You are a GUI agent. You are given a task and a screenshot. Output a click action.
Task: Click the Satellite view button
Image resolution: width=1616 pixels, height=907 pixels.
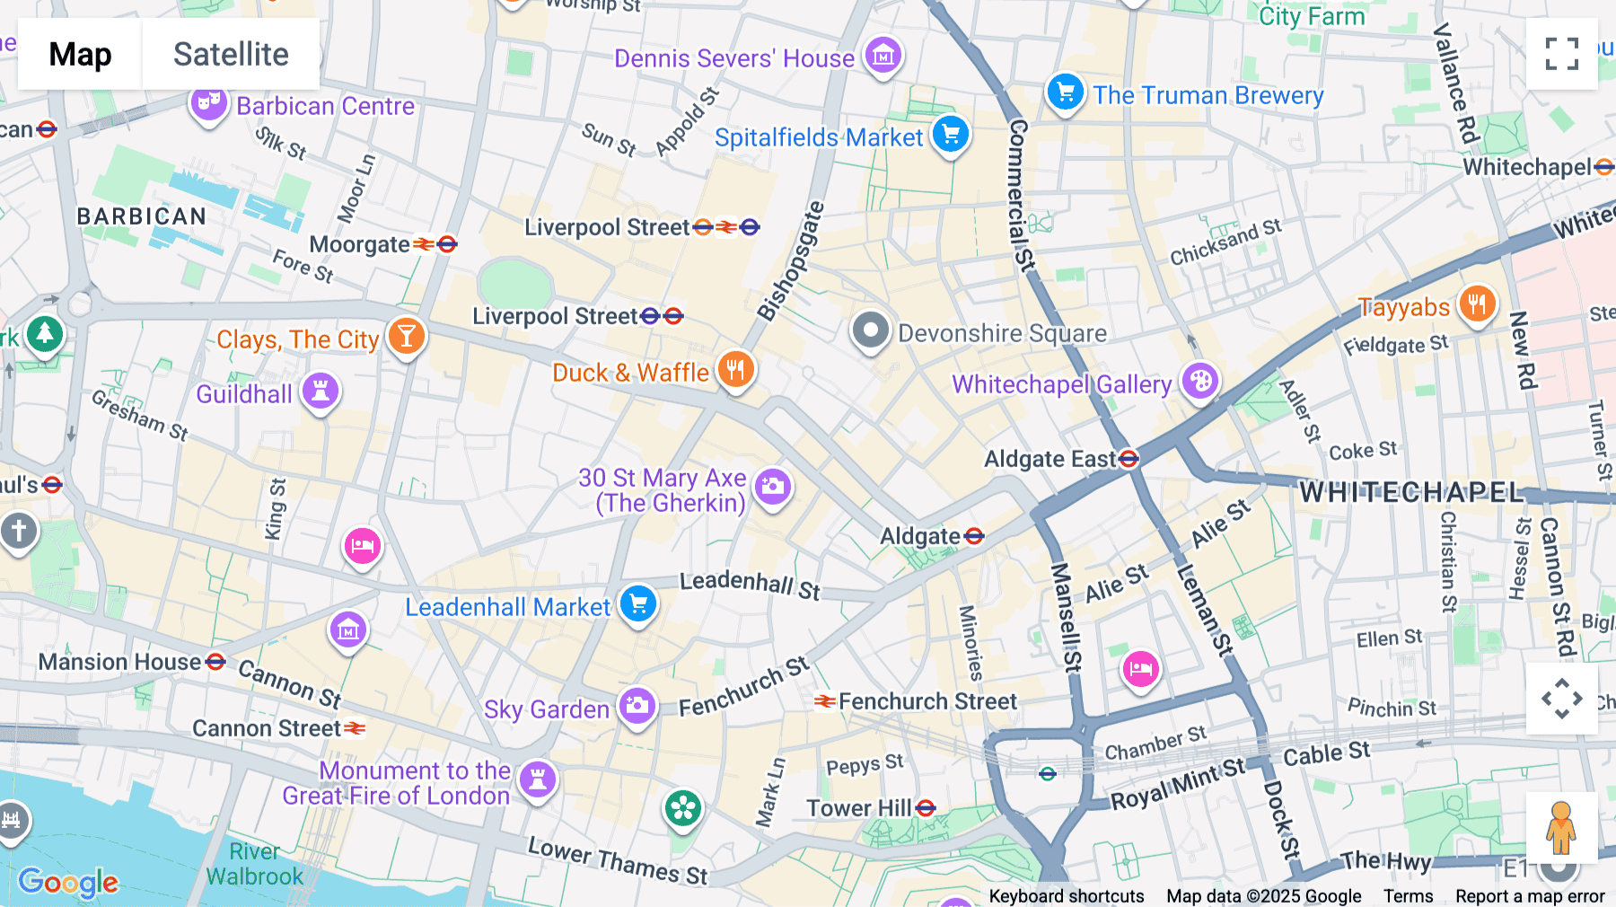(x=231, y=54)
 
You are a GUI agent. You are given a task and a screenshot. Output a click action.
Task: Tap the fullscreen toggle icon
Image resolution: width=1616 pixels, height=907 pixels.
(x=1561, y=54)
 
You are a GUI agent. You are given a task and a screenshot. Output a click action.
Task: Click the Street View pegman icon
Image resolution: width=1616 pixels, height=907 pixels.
(x=1561, y=827)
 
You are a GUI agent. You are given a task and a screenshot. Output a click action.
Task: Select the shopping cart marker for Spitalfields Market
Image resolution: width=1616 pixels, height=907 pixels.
(x=951, y=135)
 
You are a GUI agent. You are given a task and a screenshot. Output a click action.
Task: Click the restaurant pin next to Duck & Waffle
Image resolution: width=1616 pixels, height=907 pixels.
(x=735, y=369)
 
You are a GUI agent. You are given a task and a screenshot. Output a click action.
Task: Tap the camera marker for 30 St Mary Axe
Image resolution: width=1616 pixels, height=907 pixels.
(x=772, y=488)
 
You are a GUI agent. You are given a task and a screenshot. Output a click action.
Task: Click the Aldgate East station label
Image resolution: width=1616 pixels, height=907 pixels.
(x=1050, y=459)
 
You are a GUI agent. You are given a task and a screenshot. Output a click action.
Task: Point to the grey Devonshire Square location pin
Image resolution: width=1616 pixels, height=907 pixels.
(x=870, y=330)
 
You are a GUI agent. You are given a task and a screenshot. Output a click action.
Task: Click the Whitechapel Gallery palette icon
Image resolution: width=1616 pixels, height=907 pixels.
(x=1200, y=382)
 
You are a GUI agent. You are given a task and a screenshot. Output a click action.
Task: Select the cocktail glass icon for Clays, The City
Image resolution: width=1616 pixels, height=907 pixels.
(x=406, y=337)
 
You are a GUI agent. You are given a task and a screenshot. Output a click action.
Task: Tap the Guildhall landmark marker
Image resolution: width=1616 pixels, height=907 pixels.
(x=320, y=391)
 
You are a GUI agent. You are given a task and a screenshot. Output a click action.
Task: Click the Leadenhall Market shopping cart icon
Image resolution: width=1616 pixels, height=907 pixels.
(x=638, y=603)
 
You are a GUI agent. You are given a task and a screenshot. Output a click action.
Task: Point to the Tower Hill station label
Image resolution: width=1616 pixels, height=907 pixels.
(x=859, y=808)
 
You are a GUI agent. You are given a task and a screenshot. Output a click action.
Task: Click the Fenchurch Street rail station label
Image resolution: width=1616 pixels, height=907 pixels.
(x=927, y=701)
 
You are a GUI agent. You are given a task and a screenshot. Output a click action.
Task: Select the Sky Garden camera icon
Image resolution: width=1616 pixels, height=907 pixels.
(x=637, y=706)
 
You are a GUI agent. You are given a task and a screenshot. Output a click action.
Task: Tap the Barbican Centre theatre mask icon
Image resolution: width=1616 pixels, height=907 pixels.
(x=208, y=103)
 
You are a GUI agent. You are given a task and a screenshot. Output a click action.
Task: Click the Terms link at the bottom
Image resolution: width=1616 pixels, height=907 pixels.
(x=1408, y=895)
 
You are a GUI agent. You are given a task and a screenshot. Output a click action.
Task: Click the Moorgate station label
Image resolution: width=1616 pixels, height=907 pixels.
(x=359, y=244)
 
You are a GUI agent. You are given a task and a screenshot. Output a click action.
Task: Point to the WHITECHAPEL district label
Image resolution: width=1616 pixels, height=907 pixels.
(x=1411, y=492)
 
